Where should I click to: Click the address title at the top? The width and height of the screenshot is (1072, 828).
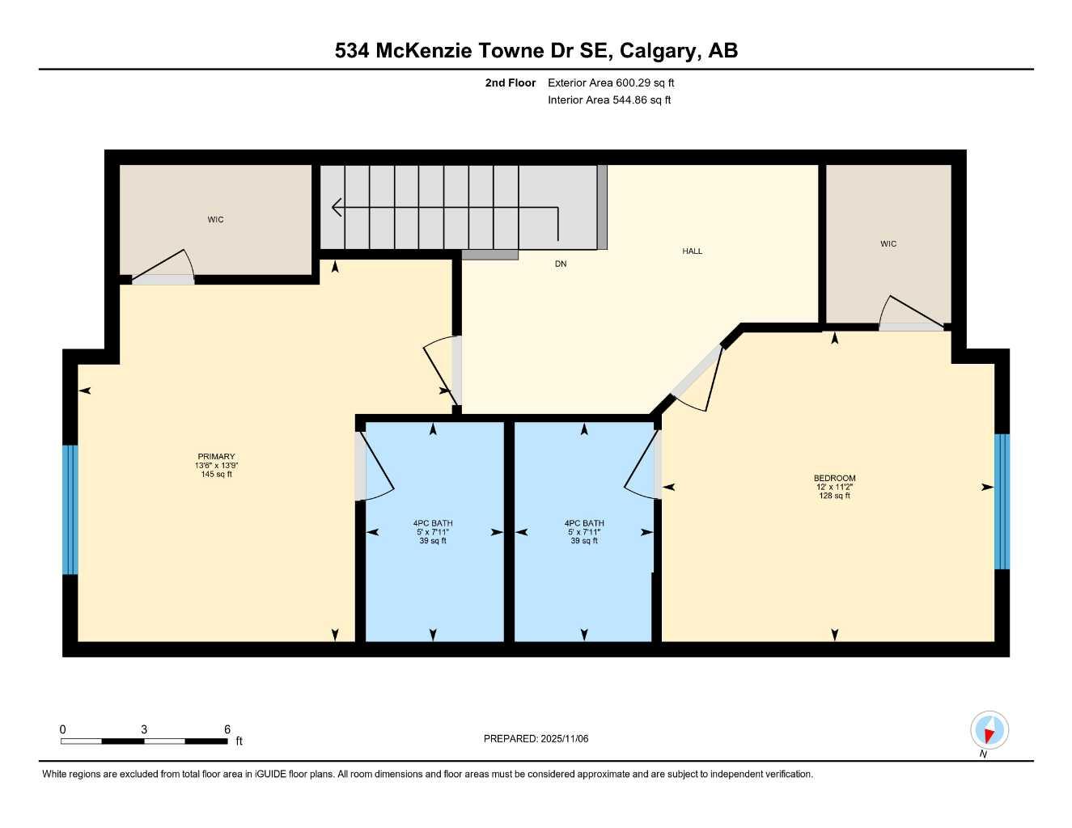point(536,51)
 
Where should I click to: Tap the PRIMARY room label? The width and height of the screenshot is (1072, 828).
point(216,457)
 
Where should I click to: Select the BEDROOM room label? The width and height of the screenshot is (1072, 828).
point(834,478)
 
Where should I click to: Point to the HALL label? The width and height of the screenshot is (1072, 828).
point(692,251)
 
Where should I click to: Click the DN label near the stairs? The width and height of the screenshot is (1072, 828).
point(561,264)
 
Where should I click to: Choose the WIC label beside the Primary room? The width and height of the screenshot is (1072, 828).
point(215,220)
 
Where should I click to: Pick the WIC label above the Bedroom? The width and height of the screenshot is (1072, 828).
point(888,244)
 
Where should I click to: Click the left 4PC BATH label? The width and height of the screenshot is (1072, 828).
point(433,523)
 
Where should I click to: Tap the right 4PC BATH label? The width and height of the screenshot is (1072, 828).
point(584,523)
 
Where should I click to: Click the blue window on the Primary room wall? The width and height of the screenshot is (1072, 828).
point(70,509)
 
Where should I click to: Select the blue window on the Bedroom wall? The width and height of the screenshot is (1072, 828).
point(1002,501)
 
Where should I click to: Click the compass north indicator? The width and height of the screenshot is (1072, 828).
point(989,731)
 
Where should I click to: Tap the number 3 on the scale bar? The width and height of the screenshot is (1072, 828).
point(144,729)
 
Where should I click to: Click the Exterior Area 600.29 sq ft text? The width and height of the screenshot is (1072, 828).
point(611,82)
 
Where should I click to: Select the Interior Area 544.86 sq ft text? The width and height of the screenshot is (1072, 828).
point(609,100)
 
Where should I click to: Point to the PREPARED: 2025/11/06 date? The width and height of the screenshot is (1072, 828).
point(536,739)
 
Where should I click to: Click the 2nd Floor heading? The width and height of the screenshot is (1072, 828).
point(510,82)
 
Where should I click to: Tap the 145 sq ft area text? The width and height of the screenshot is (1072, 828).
point(216,475)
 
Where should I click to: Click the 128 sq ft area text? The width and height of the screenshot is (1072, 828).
point(834,496)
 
